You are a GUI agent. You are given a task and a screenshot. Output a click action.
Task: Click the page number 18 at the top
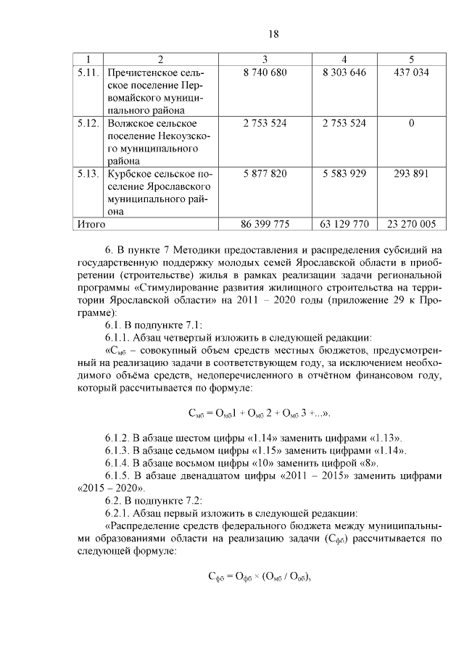[273, 34]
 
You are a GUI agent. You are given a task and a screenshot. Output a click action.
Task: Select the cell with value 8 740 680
[265, 72]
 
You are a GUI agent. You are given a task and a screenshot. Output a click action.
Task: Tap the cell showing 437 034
[411, 72]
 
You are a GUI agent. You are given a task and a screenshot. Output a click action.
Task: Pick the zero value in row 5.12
[411, 123]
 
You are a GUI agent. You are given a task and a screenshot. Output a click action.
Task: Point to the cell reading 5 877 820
[265, 174]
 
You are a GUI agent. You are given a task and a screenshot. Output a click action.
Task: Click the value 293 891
[411, 174]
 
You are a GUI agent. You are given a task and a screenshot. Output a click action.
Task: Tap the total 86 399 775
[265, 225]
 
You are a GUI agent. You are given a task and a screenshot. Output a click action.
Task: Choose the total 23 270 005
[411, 225]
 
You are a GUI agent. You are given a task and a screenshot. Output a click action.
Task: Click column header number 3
[265, 59]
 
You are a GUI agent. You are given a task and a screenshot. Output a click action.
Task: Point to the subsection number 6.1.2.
[120, 438]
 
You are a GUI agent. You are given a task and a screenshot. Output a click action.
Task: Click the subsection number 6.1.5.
[120, 476]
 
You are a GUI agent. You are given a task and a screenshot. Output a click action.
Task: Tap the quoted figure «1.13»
[385, 438]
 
